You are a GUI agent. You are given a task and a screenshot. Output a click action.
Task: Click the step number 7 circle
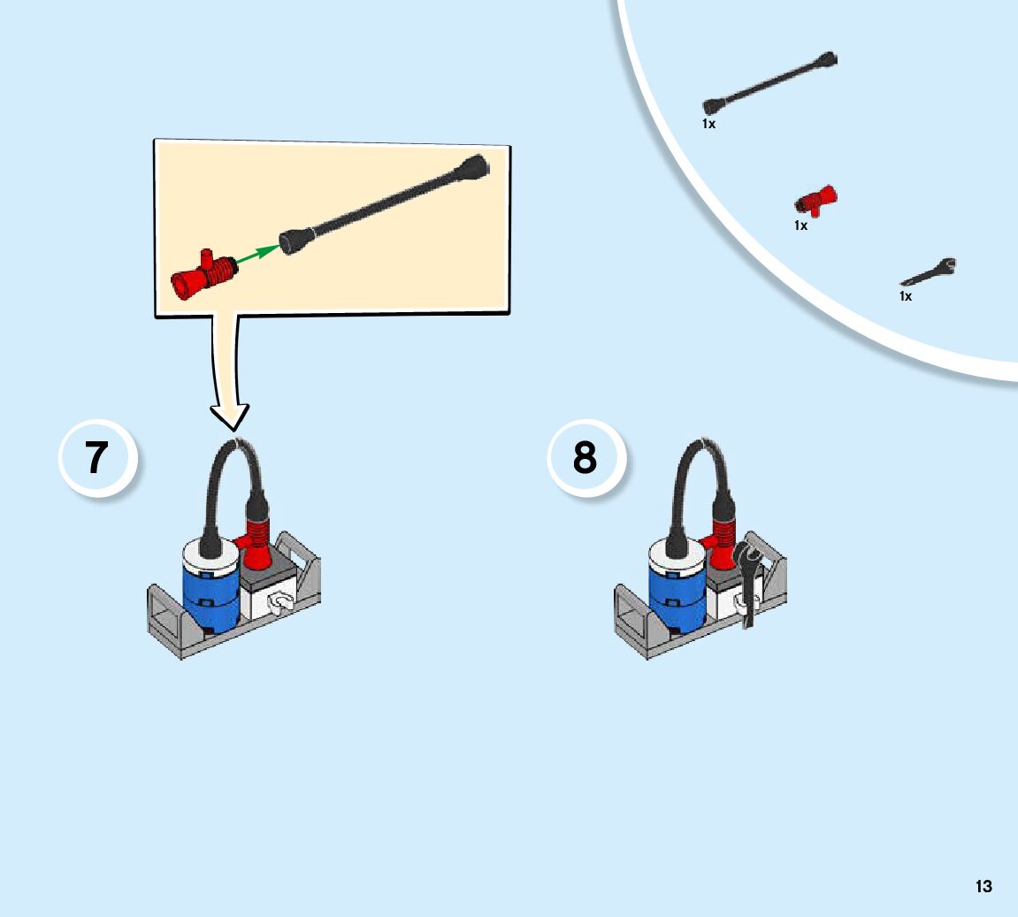pyautogui.click(x=97, y=458)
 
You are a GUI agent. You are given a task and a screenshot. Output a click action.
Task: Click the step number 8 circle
pyautogui.click(x=586, y=458)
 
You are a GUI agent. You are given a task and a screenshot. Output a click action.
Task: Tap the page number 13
pyautogui.click(x=984, y=886)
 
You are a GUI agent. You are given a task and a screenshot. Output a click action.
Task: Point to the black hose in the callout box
pyautogui.click(x=389, y=203)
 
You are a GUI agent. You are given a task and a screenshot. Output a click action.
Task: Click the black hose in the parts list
pyautogui.click(x=769, y=84)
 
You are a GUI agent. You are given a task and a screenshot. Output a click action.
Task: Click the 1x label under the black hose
pyautogui.click(x=708, y=125)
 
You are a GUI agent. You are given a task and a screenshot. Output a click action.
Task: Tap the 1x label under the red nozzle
pyautogui.click(x=800, y=225)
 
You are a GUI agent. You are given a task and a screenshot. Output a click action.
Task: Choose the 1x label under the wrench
pyautogui.click(x=906, y=296)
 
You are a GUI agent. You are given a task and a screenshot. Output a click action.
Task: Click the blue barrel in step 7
pyautogui.click(x=210, y=595)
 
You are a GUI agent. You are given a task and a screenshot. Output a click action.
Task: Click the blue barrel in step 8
pyautogui.click(x=677, y=595)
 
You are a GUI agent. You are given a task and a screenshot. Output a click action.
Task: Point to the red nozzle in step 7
pyautogui.click(x=256, y=541)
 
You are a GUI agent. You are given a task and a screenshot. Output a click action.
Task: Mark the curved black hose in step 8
pyautogui.click(x=699, y=469)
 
